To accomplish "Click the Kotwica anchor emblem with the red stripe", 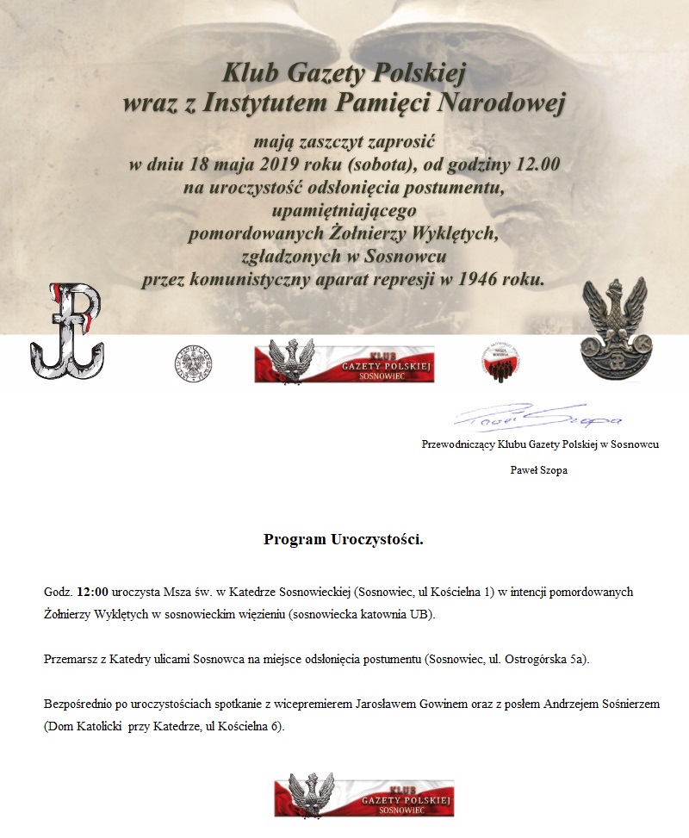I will [66, 331].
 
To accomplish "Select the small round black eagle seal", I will [194, 363].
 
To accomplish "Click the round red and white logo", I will [503, 362].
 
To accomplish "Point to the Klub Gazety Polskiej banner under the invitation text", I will [344, 362].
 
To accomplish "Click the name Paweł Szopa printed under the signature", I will [539, 470].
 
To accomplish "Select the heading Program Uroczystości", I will [344, 541].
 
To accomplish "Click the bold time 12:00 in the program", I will [92, 593].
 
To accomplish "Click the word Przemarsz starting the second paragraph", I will [71, 660].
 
